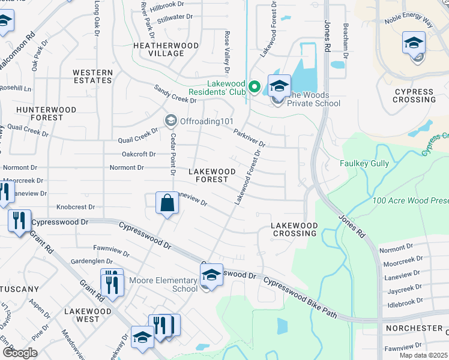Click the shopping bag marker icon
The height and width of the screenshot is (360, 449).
(x=167, y=203)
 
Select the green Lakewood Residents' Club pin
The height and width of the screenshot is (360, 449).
(x=254, y=88)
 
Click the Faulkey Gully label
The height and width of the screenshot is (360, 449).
(x=381, y=163)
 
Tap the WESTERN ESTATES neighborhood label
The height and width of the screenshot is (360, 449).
(x=92, y=76)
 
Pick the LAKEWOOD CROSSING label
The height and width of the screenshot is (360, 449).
(x=294, y=229)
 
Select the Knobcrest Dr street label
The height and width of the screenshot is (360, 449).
(x=76, y=207)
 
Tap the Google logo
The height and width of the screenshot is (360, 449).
(x=20, y=353)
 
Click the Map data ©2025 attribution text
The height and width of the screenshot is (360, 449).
(x=423, y=355)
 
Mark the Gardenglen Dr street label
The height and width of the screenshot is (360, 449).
(x=92, y=262)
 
